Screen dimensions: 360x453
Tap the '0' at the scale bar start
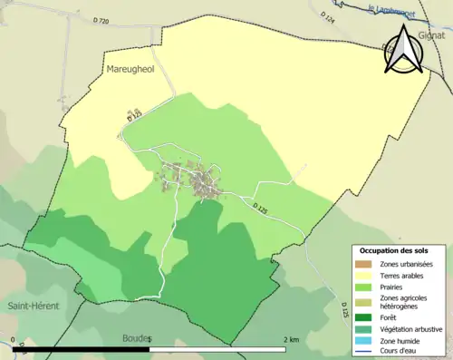(x=14, y=340)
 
